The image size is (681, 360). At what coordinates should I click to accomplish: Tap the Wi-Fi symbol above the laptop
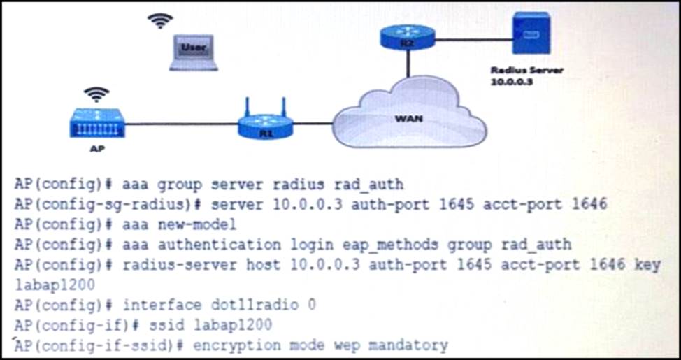pos(160,20)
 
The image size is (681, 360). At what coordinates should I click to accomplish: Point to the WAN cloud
pos(409,117)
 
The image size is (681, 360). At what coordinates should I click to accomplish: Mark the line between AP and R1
pos(181,124)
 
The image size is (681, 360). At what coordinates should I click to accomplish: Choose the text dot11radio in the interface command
pos(241,305)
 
